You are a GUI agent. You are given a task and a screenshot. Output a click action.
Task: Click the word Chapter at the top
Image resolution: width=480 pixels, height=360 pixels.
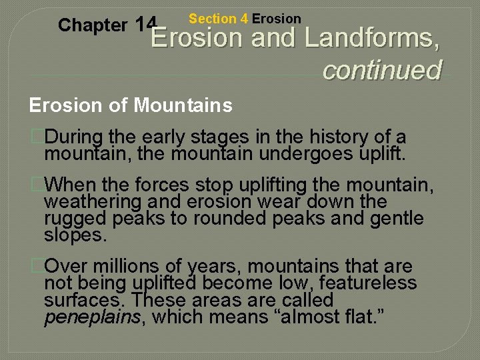(92, 25)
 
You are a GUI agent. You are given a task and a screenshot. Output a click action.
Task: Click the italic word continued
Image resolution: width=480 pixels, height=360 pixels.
(381, 69)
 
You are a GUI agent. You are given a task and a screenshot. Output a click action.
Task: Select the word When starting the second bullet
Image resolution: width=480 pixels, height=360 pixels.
(72, 183)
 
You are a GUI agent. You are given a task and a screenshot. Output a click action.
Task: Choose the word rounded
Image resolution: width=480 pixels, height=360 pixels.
(226, 219)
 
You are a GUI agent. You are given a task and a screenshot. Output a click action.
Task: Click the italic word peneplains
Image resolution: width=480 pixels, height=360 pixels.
(92, 317)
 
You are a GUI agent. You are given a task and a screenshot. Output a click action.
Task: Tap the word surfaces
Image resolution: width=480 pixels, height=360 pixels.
(85, 300)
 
